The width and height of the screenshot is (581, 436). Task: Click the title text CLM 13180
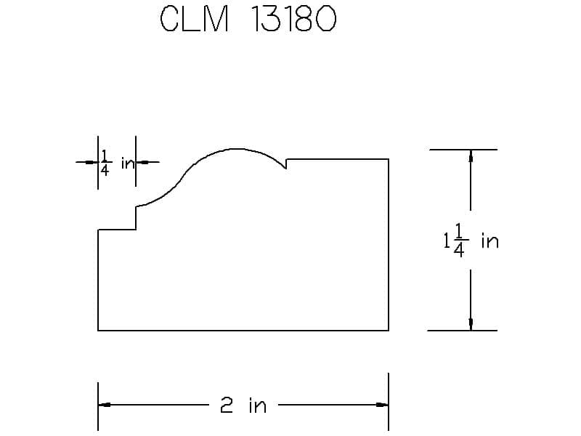pyautogui.click(x=248, y=20)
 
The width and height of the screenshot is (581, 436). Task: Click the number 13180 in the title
pyautogui.click(x=293, y=20)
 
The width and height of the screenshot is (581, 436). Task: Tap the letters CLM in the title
pyautogui.click(x=194, y=20)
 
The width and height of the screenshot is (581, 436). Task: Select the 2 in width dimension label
pyautogui.click(x=243, y=405)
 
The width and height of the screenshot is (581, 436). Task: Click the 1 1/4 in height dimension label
pyautogui.click(x=471, y=240)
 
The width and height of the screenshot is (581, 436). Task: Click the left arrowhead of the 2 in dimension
pyautogui.click(x=105, y=404)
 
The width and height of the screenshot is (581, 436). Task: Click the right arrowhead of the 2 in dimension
pyautogui.click(x=382, y=404)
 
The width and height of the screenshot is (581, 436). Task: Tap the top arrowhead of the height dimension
pyautogui.click(x=471, y=156)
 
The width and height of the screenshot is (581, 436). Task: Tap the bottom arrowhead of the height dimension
pyautogui.click(x=471, y=324)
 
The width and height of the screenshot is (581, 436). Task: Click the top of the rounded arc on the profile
pyautogui.click(x=237, y=149)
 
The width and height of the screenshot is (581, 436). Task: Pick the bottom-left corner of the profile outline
pyautogui.click(x=99, y=330)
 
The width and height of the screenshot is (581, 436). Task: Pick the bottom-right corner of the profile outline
pyautogui.click(x=389, y=330)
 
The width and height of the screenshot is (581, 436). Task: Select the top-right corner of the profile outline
pyautogui.click(x=389, y=158)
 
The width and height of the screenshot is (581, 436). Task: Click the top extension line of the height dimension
pyautogui.click(x=463, y=150)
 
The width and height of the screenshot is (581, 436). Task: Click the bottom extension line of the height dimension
pyautogui.click(x=463, y=330)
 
